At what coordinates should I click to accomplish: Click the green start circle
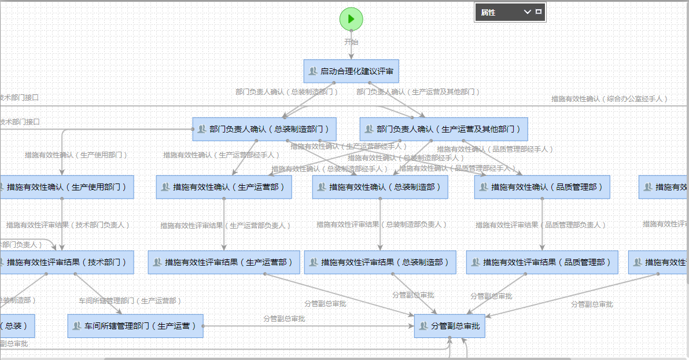click(x=351, y=19)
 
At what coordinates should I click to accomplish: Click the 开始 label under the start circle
click(x=351, y=42)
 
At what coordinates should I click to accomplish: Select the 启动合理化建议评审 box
click(x=351, y=71)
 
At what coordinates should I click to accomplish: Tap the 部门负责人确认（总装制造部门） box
click(x=264, y=129)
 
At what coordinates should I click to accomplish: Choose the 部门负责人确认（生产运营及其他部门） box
click(x=444, y=129)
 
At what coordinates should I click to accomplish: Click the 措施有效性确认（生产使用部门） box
click(x=66, y=187)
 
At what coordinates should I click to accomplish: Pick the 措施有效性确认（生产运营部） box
click(x=224, y=187)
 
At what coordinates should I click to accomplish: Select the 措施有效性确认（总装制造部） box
click(x=380, y=187)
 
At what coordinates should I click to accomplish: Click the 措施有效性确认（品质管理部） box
click(x=542, y=187)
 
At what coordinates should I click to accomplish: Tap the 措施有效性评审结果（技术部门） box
click(x=66, y=262)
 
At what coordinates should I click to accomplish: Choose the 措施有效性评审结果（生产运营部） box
click(x=224, y=262)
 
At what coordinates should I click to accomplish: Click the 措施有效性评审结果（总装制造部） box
click(x=380, y=262)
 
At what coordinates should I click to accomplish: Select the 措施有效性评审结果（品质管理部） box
click(x=542, y=262)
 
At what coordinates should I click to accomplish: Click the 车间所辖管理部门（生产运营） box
click(x=135, y=326)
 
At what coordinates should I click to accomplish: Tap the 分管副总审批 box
click(x=449, y=326)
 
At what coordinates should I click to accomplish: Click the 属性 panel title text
click(x=488, y=12)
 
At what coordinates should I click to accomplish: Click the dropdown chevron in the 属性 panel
click(x=527, y=12)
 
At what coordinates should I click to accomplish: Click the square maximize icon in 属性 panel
click(x=539, y=12)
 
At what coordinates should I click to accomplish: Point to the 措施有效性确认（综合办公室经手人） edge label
click(x=609, y=99)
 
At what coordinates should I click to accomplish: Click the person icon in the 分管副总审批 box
click(x=424, y=326)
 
